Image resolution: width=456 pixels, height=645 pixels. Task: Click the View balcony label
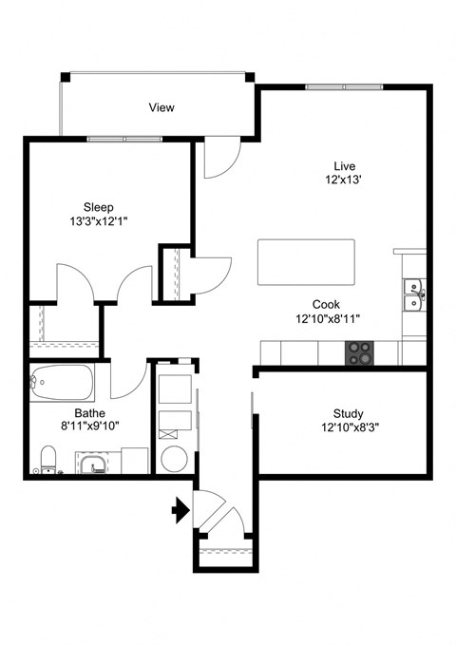pos(161,107)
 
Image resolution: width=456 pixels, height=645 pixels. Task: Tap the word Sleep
pos(98,207)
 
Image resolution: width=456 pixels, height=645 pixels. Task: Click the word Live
pos(343,164)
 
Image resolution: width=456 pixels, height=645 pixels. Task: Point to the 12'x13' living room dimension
pos(343,179)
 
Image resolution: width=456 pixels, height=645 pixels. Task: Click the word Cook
pos(327,305)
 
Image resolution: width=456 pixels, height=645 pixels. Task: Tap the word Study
pos(348,413)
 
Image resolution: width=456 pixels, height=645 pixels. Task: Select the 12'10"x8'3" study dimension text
pos(348,427)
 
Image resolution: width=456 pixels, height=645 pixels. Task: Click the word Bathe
pos(89,413)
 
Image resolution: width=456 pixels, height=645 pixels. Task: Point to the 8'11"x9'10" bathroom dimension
pos(89,427)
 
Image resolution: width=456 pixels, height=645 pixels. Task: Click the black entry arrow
pos(179,512)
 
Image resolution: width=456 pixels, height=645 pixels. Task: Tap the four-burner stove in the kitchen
pos(359,352)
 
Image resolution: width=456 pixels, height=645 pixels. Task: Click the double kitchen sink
pos(413,295)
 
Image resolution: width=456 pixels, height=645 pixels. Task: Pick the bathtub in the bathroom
pos(62,385)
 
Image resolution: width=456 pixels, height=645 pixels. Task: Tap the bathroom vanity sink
pos(92,464)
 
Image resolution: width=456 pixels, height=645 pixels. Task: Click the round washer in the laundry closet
pos(174,459)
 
